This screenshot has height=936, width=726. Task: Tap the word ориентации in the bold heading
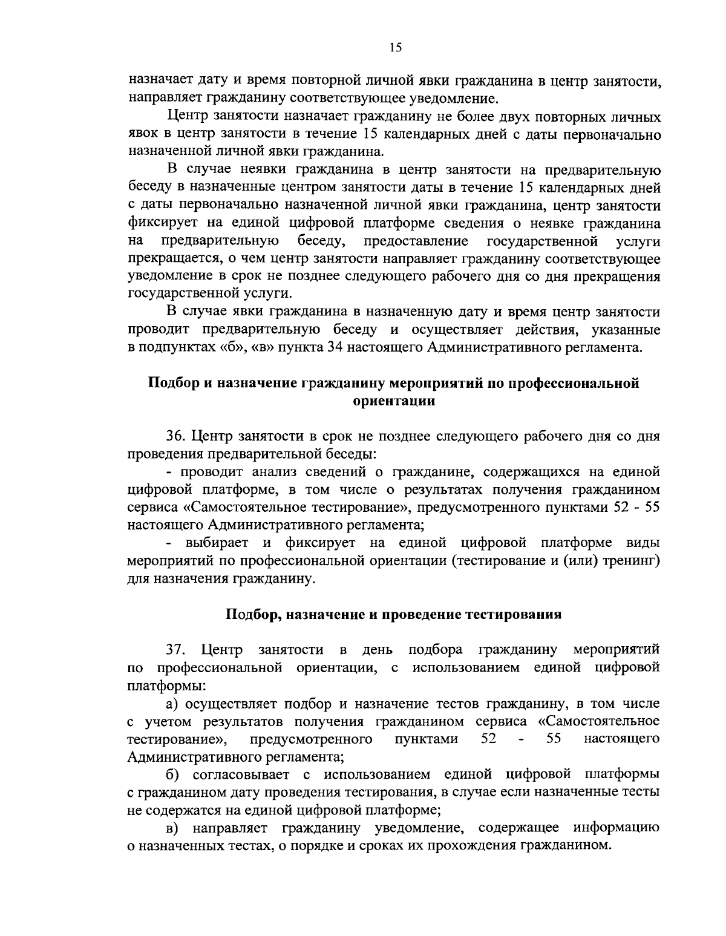pyautogui.click(x=394, y=401)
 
